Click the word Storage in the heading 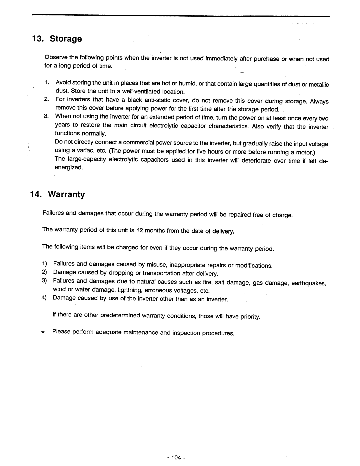point(66,39)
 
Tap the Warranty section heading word point(67,194)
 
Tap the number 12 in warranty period point(140,230)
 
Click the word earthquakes point(308,283)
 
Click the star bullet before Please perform point(43,333)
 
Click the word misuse point(156,265)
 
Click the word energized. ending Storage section point(69,167)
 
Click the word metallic point(319,85)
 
